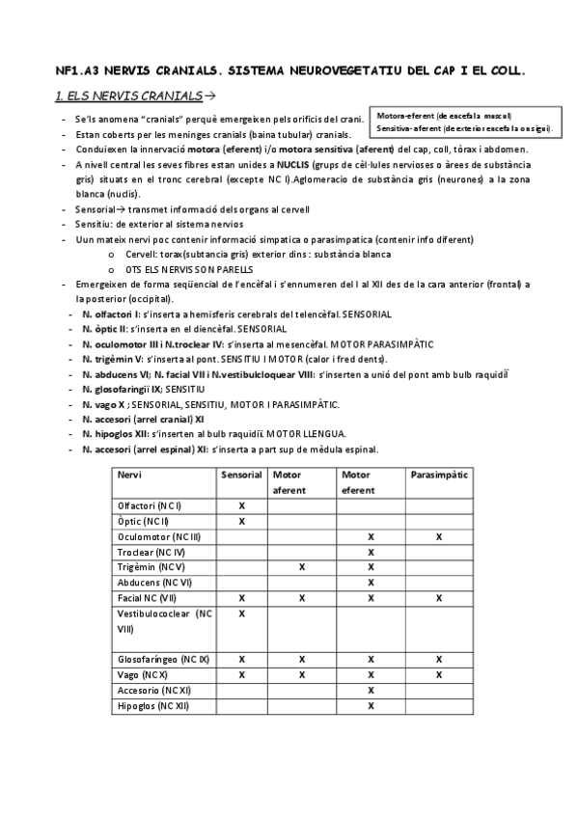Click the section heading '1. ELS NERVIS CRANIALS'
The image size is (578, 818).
click(x=128, y=96)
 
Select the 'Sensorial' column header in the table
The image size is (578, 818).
click(x=241, y=475)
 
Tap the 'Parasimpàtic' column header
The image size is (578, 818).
click(x=439, y=475)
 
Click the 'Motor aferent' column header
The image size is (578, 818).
click(x=289, y=482)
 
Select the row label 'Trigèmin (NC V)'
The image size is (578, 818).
click(x=151, y=567)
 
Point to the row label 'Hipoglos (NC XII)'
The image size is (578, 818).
click(x=153, y=706)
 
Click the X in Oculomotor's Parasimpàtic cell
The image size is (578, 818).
click(x=439, y=536)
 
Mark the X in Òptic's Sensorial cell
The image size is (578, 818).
click(x=241, y=521)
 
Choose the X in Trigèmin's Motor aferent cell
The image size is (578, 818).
click(x=302, y=567)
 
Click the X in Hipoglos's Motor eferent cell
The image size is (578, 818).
click(x=371, y=706)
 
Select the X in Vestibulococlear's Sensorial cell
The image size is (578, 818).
click(x=241, y=613)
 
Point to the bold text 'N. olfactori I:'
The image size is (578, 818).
click(x=112, y=314)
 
